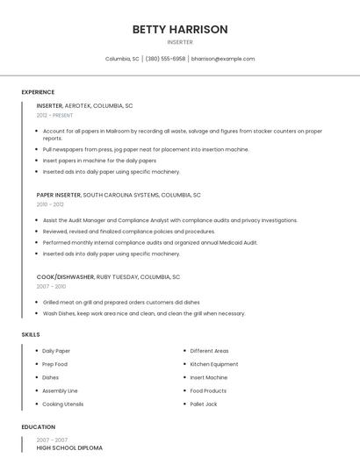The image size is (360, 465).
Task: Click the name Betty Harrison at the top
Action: tap(180, 29)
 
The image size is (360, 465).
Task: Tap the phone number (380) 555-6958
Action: tap(165, 59)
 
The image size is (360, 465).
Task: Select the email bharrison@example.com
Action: tap(223, 59)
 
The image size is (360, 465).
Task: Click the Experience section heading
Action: tap(38, 92)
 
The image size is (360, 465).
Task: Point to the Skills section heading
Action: tap(31, 334)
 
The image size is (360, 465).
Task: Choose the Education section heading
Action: tap(38, 427)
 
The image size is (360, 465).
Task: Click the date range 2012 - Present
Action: tap(55, 115)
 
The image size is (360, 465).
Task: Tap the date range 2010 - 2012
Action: tap(50, 204)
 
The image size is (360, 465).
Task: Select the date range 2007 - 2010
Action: tap(51, 286)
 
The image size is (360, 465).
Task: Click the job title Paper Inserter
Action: tap(59, 195)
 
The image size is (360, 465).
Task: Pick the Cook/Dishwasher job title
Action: tap(65, 276)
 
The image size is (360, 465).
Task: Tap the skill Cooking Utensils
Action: tap(63, 404)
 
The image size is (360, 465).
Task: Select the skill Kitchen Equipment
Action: tap(214, 364)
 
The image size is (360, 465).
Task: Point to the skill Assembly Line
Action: tap(60, 390)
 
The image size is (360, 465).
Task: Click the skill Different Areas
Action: tap(209, 351)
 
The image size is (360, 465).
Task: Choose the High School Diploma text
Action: tap(69, 447)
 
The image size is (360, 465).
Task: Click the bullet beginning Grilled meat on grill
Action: tap(120, 302)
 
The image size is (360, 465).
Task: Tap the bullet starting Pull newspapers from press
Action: tap(146, 149)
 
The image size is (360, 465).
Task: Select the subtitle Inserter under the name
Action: tap(180, 42)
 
